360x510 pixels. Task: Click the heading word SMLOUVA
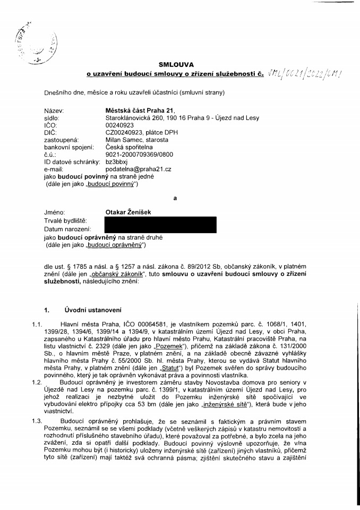179,65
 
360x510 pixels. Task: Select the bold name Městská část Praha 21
137,110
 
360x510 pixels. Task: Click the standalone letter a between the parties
174,199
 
